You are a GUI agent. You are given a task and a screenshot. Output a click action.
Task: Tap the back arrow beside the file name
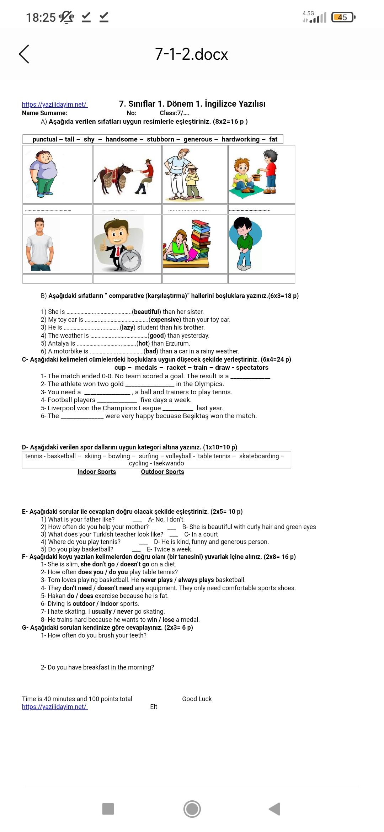24,54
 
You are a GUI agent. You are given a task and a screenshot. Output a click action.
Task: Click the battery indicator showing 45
343,17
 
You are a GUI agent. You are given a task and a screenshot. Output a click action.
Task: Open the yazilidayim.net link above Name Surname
54,105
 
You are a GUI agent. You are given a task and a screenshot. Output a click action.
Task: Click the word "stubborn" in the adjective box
160,139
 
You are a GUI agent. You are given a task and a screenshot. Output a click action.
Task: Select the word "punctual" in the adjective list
45,139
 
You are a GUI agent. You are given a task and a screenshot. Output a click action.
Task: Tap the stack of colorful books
201,239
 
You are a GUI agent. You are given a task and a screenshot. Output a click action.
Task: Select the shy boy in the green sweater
244,244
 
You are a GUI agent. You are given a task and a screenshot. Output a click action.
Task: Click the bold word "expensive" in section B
165,320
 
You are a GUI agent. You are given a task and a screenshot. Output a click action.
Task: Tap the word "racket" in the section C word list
176,368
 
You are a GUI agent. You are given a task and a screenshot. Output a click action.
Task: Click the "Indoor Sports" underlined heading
97,472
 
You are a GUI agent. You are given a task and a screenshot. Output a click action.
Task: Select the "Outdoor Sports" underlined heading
162,472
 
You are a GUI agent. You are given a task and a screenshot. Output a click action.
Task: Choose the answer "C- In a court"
201,534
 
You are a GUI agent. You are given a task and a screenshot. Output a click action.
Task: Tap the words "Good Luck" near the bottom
197,699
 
